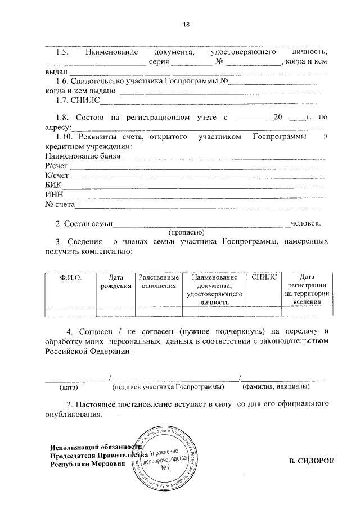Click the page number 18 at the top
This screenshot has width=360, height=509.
click(x=187, y=24)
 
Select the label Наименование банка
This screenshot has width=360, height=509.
click(x=83, y=156)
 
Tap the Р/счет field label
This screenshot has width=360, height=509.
click(x=56, y=166)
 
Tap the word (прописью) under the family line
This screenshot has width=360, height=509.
click(x=187, y=232)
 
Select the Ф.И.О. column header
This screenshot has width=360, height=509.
click(x=71, y=278)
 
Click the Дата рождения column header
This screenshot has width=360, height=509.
click(x=115, y=282)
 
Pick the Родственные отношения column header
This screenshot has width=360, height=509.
click(x=159, y=282)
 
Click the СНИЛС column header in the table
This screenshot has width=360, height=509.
click(x=264, y=278)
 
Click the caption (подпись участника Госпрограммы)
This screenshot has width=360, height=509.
click(x=168, y=387)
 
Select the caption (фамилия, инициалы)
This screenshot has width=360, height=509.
click(x=275, y=387)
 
